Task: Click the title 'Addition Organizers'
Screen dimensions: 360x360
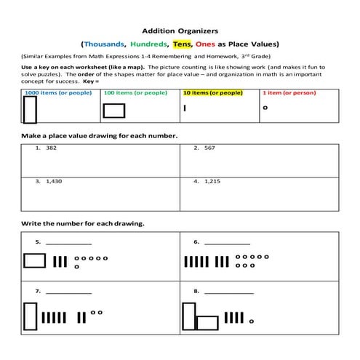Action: [180, 31]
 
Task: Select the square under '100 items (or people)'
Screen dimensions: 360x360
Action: [114, 110]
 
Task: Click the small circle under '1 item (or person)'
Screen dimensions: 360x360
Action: [265, 108]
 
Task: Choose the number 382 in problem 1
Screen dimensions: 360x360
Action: [51, 148]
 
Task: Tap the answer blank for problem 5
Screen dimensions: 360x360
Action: [69, 244]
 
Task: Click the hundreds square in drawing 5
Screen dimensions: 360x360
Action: [34, 261]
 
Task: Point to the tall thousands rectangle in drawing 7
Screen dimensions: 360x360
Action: [31, 316]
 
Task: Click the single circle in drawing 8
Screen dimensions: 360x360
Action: [252, 321]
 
